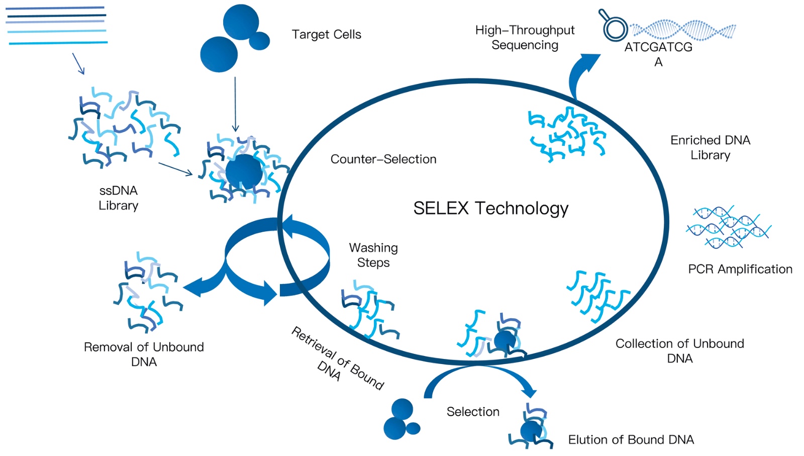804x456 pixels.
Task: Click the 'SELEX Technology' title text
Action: (490, 208)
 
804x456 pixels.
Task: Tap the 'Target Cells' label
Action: (326, 35)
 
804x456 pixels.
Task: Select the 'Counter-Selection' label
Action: (383, 159)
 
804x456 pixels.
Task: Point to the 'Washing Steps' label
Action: (373, 255)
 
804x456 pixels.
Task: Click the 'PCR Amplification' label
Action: (740, 269)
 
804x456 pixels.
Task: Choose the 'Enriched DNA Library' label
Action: (711, 147)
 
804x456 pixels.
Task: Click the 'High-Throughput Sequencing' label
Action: (525, 37)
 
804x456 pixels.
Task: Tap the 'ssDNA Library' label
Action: (119, 198)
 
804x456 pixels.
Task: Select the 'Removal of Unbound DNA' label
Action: (144, 354)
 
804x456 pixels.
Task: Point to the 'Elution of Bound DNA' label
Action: (631, 439)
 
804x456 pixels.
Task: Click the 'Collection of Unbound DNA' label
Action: (680, 351)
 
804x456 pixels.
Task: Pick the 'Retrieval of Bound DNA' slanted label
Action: (337, 359)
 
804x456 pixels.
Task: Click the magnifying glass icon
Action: (613, 25)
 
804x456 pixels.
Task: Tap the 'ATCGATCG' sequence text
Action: (658, 47)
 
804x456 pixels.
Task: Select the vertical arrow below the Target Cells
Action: (235, 104)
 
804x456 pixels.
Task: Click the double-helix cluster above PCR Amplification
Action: (728, 227)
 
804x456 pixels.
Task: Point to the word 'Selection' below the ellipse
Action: (473, 412)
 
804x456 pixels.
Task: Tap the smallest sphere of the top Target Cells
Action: (259, 41)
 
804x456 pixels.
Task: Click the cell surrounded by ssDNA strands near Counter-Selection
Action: (244, 172)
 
